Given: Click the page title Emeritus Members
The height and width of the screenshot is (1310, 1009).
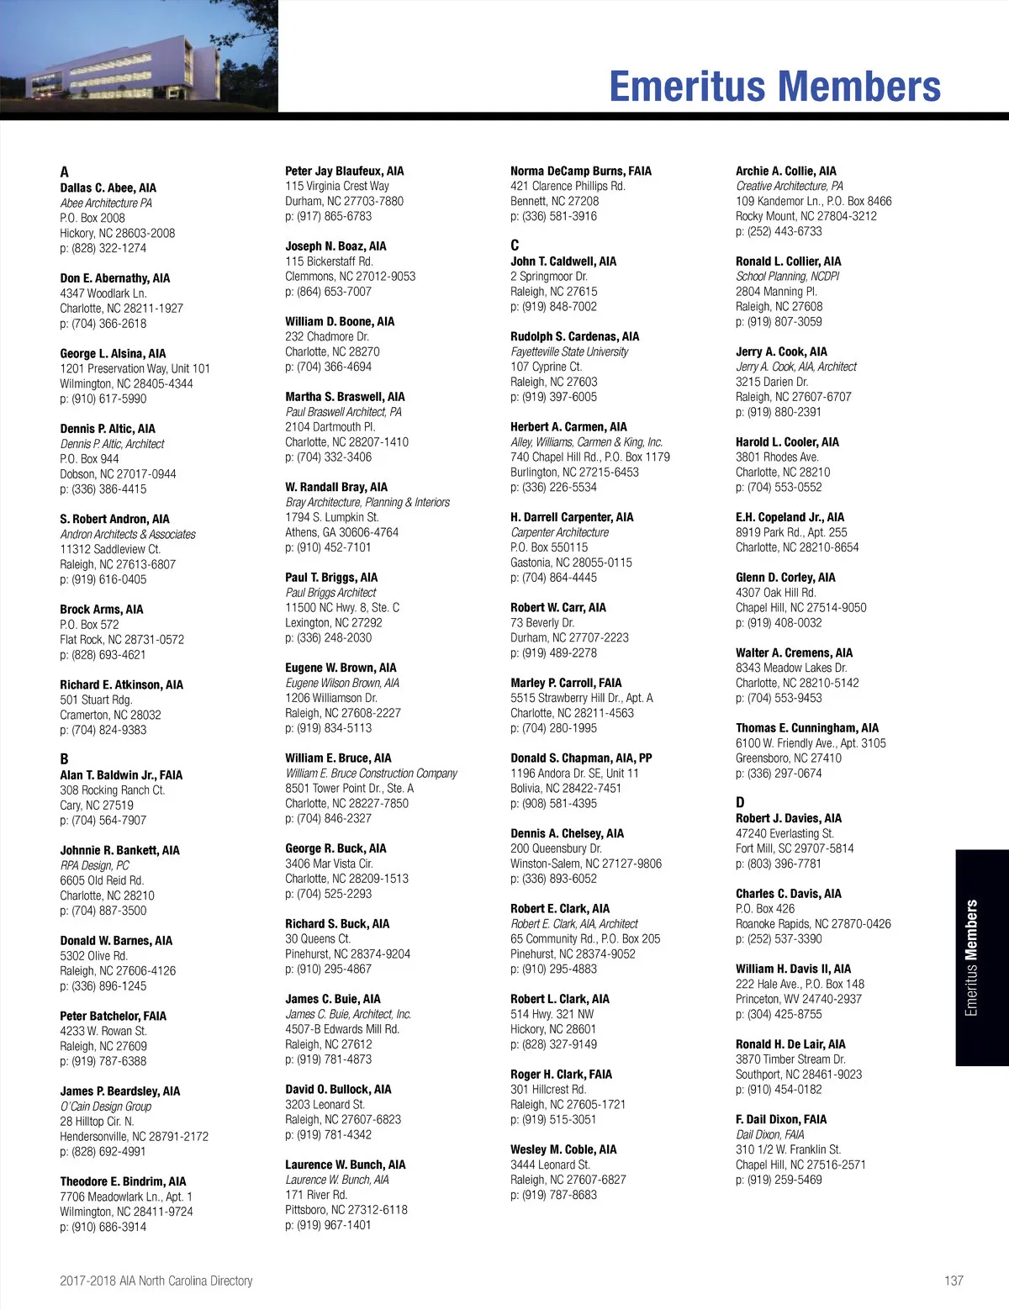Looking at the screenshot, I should click(x=774, y=86).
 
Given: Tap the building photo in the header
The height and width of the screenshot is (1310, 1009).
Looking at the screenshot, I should click(x=139, y=56).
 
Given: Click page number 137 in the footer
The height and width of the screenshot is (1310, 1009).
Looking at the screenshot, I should click(x=954, y=1281).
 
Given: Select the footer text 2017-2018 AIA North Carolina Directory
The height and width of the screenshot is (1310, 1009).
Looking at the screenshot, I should click(x=156, y=1281).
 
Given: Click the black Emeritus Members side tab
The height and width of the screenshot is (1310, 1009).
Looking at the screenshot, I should click(x=981, y=958).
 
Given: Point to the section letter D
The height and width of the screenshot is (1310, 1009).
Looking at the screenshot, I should click(x=740, y=802).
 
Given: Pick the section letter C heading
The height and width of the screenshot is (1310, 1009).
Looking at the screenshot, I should click(x=515, y=246).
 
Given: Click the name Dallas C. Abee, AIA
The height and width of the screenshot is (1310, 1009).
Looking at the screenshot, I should click(x=108, y=188).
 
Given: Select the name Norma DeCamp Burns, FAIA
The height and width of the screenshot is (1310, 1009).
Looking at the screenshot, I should click(x=581, y=171).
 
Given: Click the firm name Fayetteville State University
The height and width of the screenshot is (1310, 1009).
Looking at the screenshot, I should click(x=569, y=351).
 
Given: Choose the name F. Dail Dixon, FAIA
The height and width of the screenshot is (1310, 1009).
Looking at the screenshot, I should click(x=781, y=1119).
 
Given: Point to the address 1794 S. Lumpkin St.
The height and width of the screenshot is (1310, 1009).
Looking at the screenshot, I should click(x=332, y=517).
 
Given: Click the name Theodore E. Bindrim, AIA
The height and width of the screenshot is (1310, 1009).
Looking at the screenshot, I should click(x=123, y=1181).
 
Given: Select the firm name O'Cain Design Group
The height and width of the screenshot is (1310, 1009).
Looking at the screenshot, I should click(x=106, y=1106).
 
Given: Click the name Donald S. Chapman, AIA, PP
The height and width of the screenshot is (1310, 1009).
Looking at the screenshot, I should click(x=581, y=758).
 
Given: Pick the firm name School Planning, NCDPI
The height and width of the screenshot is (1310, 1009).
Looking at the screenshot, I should click(x=787, y=276).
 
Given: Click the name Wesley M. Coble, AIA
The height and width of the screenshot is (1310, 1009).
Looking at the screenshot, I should click(x=563, y=1149).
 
